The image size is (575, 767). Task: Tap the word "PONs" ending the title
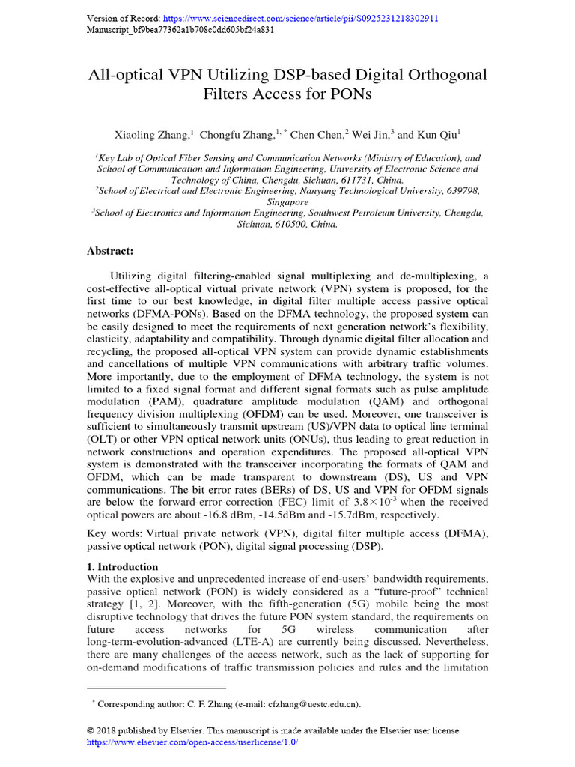click(x=345, y=94)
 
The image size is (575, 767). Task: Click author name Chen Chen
click(x=315, y=136)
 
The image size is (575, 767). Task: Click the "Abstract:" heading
click(x=112, y=252)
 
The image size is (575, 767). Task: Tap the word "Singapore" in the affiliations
click(x=287, y=202)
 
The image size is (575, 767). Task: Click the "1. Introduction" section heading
click(x=123, y=567)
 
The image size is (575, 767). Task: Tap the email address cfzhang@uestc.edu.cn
click(x=312, y=704)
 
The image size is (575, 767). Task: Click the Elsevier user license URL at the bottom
click(x=192, y=742)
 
